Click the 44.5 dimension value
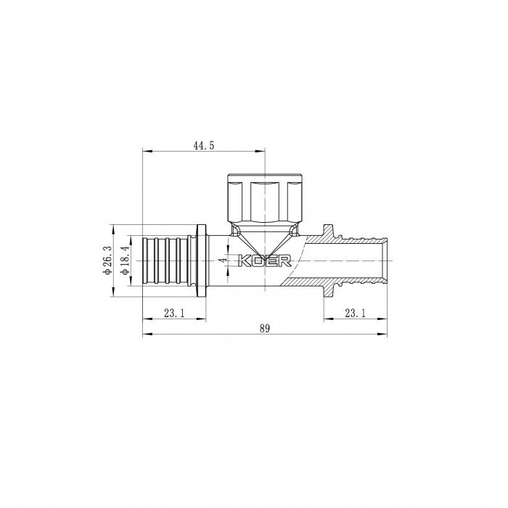point(203,145)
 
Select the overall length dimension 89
point(264,329)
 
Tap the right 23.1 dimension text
point(356,314)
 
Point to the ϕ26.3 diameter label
point(107,261)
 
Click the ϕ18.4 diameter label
point(124,261)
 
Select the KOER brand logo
point(265,260)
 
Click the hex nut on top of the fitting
point(264,198)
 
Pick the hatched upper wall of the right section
point(341,237)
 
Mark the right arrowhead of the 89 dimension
point(384,335)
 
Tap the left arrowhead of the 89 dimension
point(146,335)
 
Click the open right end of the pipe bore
point(385,260)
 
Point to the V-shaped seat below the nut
point(264,239)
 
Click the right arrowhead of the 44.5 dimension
point(261,152)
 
